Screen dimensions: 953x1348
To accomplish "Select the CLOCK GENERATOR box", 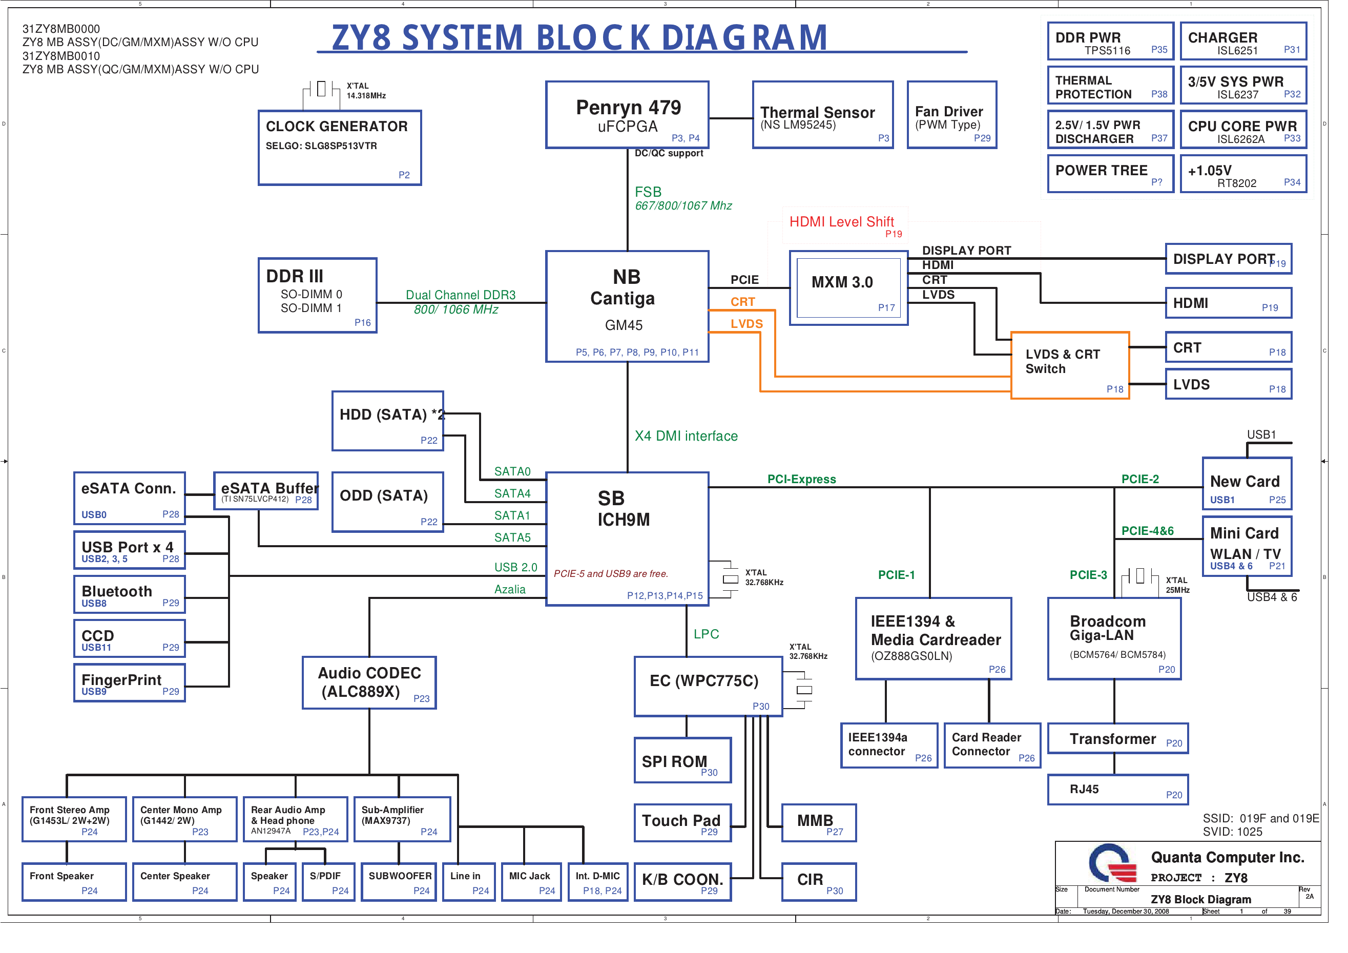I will (x=339, y=148).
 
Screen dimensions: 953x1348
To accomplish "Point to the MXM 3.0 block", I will (x=848, y=288).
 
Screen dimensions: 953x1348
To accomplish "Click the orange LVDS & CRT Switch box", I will (x=1069, y=365).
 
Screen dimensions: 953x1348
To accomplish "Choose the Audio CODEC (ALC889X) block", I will (x=369, y=682).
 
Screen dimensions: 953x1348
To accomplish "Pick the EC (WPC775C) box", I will (x=708, y=686).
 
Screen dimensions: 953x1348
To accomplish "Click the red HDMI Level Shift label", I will (x=841, y=222).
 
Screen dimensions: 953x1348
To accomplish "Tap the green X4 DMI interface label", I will (x=686, y=436).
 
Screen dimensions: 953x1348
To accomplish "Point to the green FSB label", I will (x=648, y=192).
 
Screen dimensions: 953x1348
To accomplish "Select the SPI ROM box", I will (x=682, y=760).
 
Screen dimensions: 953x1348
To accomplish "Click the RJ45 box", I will (x=1117, y=789).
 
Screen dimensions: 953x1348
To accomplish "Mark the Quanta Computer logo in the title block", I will (x=1112, y=863).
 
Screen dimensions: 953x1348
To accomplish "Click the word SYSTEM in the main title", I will (x=462, y=37).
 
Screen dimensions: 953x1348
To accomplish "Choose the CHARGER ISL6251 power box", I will (x=1243, y=41).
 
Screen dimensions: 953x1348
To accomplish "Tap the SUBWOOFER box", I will (x=399, y=881).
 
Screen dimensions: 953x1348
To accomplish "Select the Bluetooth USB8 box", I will (x=129, y=594).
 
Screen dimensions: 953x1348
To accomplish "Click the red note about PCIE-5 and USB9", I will (x=611, y=574).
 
